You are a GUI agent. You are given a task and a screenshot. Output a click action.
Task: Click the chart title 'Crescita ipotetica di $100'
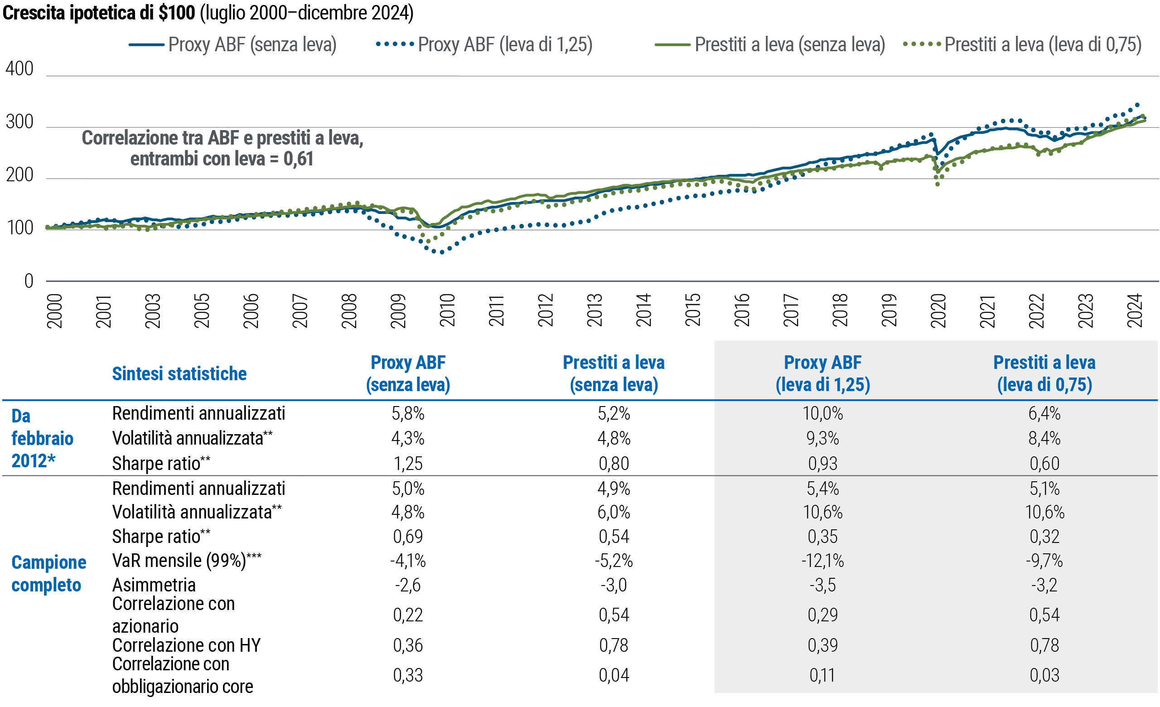(99, 13)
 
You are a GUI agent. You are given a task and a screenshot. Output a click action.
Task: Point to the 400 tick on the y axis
(19, 69)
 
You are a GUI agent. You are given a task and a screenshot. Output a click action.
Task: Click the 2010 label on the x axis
(447, 310)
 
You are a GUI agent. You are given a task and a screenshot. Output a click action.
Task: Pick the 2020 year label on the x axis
(938, 310)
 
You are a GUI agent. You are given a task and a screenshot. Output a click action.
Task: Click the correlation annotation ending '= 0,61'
(222, 148)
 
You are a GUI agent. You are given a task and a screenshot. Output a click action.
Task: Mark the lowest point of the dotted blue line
(441, 252)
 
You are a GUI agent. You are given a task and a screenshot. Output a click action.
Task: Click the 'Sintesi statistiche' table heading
(179, 374)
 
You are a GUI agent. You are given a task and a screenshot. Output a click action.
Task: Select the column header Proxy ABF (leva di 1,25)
(822, 374)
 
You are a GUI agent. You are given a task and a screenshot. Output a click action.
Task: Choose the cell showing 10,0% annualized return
(822, 414)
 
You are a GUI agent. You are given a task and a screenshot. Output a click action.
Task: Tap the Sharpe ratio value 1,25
(408, 464)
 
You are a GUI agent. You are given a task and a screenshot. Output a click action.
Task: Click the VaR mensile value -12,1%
(822, 561)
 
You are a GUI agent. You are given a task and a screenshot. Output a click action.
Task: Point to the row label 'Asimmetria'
(154, 585)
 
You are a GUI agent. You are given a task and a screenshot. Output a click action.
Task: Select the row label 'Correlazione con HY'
(186, 645)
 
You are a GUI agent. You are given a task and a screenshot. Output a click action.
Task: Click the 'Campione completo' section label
(48, 573)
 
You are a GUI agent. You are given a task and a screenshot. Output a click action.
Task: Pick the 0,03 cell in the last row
(1044, 675)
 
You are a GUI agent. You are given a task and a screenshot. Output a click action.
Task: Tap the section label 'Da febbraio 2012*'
(43, 439)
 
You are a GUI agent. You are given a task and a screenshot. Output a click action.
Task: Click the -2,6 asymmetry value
(408, 585)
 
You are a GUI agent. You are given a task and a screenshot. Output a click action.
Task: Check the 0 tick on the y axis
(29, 281)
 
